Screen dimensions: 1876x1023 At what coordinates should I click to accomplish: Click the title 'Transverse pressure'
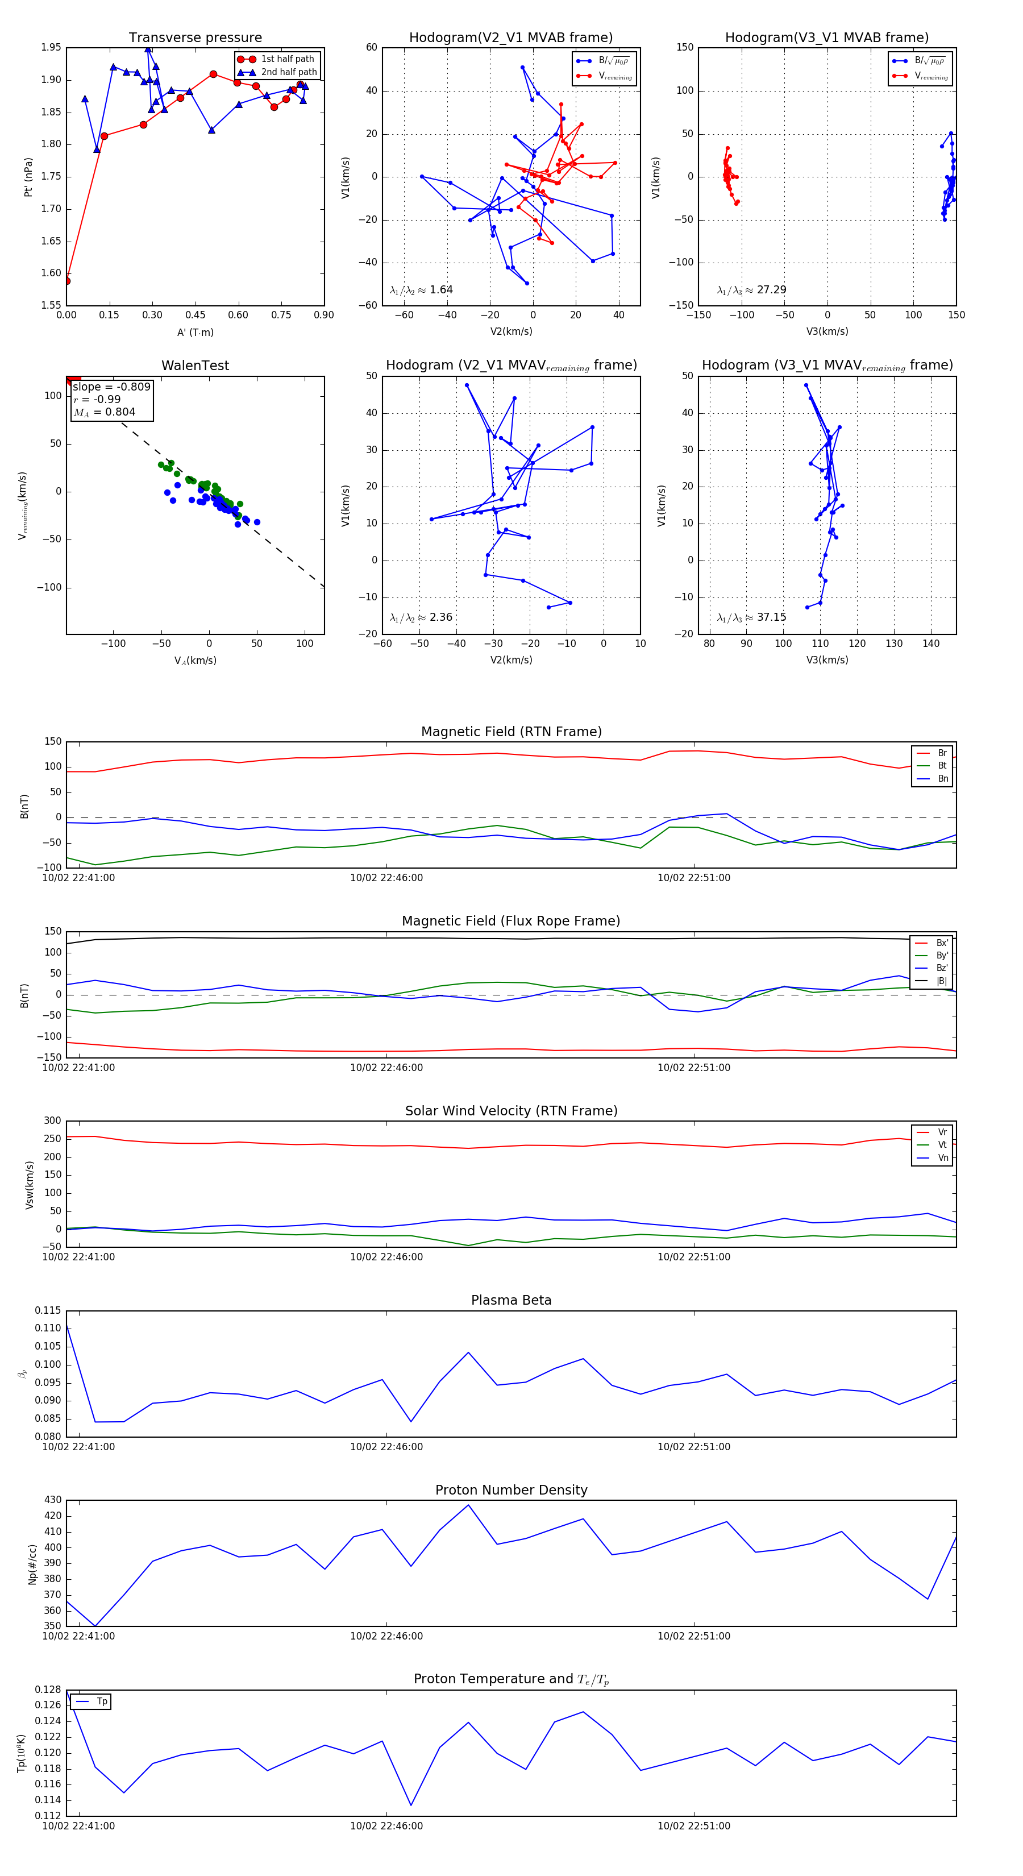point(195,38)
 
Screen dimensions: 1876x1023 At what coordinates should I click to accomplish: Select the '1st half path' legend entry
point(287,59)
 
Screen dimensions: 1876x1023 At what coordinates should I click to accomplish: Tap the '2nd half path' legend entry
point(288,72)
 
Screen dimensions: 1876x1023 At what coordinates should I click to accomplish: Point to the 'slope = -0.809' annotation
point(111,387)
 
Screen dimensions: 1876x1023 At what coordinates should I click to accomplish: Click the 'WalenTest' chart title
point(195,366)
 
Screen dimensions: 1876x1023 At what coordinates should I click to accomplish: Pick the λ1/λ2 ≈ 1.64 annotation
point(421,290)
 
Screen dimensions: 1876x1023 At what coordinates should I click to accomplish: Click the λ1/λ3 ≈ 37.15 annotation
point(751,617)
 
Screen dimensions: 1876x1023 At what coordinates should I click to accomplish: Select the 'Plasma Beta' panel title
point(511,1300)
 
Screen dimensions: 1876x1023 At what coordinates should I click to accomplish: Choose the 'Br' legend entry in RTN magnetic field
point(942,753)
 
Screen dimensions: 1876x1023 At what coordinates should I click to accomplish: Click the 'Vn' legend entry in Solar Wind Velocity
point(943,1158)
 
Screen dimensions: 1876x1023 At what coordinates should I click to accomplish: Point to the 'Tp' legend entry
point(102,1702)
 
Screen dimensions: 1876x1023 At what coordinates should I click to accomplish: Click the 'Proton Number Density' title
point(511,1490)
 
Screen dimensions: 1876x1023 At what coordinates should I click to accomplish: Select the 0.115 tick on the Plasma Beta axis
point(48,1311)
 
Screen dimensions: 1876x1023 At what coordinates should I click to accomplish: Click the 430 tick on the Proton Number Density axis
point(52,1500)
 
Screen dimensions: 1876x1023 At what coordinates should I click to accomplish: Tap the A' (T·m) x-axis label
point(195,333)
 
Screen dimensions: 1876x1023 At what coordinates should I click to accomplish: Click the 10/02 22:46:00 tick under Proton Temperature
point(386,1826)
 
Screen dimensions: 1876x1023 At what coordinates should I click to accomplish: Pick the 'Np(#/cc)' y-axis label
point(32,1563)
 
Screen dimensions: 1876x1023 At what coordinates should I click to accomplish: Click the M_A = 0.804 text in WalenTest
point(104,412)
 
